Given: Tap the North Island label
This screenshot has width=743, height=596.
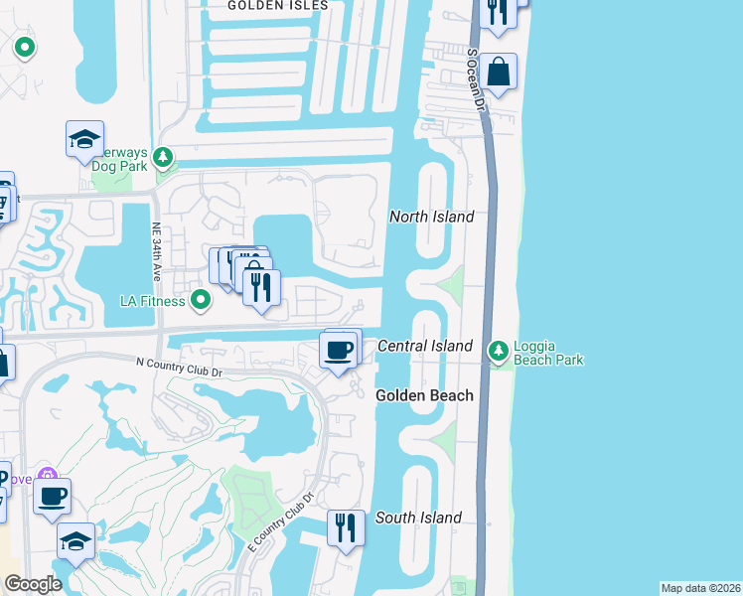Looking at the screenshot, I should tap(431, 217).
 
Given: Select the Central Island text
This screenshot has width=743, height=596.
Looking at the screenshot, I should tap(424, 346).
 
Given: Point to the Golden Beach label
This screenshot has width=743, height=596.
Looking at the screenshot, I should tap(424, 395).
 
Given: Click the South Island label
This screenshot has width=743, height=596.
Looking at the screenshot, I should tap(418, 518).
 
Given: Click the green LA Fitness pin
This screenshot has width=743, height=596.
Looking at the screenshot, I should tap(201, 299).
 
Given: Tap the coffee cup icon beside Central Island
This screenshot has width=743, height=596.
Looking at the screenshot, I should tap(339, 350).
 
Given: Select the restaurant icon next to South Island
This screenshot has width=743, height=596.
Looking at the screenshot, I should tap(345, 526).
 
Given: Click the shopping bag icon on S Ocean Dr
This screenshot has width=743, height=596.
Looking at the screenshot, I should tap(500, 73).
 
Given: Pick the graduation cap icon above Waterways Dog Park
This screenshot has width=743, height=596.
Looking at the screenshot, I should tap(85, 140).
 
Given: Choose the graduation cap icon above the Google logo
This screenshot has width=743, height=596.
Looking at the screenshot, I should tap(75, 541).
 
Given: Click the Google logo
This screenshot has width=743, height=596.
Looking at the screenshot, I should tap(33, 583).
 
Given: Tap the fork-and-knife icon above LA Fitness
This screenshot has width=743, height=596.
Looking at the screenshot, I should tap(261, 286).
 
